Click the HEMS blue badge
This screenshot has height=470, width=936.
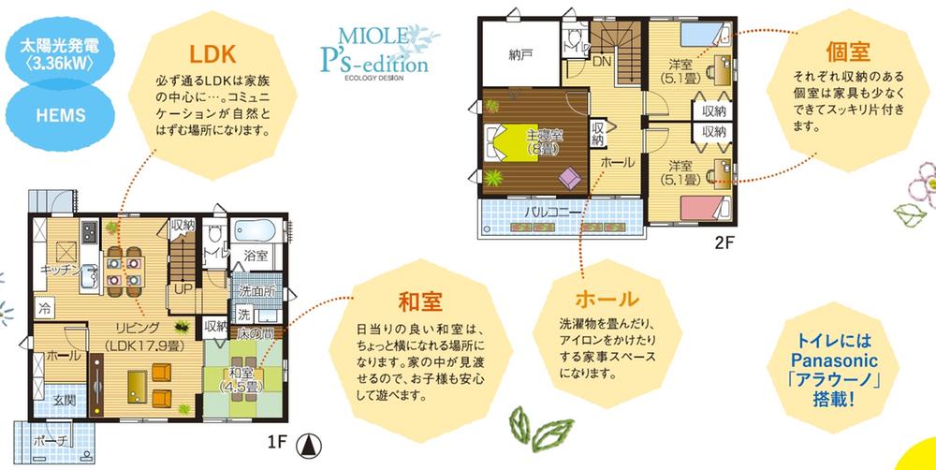point(60,115)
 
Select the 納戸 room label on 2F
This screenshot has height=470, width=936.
point(521,53)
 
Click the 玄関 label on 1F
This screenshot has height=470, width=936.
point(64,400)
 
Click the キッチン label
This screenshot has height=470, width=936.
point(57,270)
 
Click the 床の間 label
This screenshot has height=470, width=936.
point(254,333)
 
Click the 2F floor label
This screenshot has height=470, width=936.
point(727,241)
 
